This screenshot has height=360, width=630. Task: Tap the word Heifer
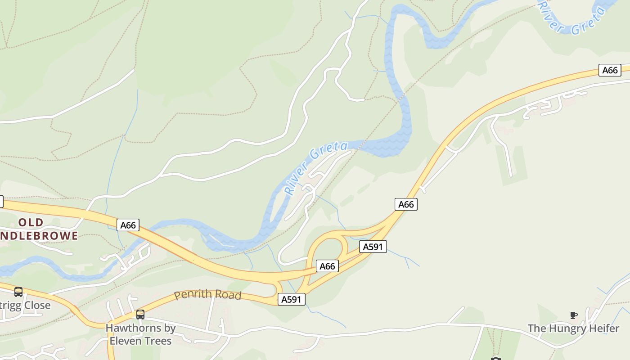pyautogui.click(x=602, y=328)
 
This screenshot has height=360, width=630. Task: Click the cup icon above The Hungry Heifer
pyautogui.click(x=573, y=315)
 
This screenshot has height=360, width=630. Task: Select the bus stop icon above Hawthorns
pyautogui.click(x=140, y=314)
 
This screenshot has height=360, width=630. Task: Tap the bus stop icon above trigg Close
pyautogui.click(x=18, y=292)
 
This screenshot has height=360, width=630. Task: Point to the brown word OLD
pyautogui.click(x=31, y=222)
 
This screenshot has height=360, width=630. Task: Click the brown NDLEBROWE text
pyautogui.click(x=40, y=235)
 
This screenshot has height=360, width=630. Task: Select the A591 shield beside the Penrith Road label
pyautogui.click(x=291, y=299)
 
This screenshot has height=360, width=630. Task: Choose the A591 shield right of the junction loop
pyautogui.click(x=373, y=247)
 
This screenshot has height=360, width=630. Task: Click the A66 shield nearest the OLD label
pyautogui.click(x=128, y=225)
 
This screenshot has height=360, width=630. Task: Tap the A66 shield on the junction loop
pyautogui.click(x=327, y=266)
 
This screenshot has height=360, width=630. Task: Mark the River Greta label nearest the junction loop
pyautogui.click(x=316, y=168)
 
